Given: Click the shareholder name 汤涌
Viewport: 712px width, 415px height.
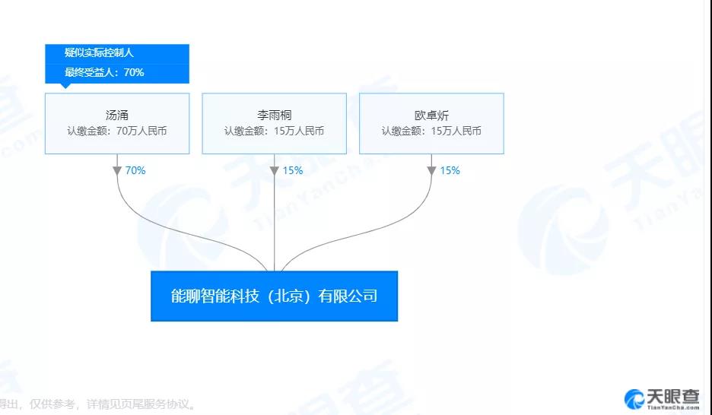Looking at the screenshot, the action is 116,116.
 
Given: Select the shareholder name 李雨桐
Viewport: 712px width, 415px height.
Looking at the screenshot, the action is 275,116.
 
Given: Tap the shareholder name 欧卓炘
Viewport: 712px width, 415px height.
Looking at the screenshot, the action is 431,116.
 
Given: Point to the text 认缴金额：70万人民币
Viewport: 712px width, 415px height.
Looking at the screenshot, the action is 117,131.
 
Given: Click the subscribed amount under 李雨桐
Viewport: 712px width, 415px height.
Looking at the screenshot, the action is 275,131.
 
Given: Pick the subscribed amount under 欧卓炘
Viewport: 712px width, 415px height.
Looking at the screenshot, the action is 431,131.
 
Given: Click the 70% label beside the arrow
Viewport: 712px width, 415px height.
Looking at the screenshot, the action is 135,170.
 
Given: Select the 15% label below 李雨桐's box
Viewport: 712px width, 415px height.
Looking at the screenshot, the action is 293,170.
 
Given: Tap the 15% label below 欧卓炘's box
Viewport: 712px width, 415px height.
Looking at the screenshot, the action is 450,170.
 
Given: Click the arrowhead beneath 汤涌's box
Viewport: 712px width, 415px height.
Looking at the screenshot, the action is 117,170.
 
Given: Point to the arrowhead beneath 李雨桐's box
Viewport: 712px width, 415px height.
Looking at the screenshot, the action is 275,170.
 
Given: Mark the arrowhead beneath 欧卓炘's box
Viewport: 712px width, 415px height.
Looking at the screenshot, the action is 431,170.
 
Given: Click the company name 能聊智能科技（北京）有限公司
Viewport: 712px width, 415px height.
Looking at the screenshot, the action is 275,296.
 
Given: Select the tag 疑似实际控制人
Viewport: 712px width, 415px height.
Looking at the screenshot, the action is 99,52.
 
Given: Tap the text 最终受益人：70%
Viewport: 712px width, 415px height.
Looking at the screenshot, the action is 104,72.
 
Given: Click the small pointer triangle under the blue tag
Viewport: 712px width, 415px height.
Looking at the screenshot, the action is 66,86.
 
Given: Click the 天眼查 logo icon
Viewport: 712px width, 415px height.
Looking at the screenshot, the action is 634,399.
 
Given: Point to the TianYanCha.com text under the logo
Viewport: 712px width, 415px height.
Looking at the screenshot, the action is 673,407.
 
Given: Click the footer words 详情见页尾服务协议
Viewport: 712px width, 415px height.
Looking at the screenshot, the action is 138,404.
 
